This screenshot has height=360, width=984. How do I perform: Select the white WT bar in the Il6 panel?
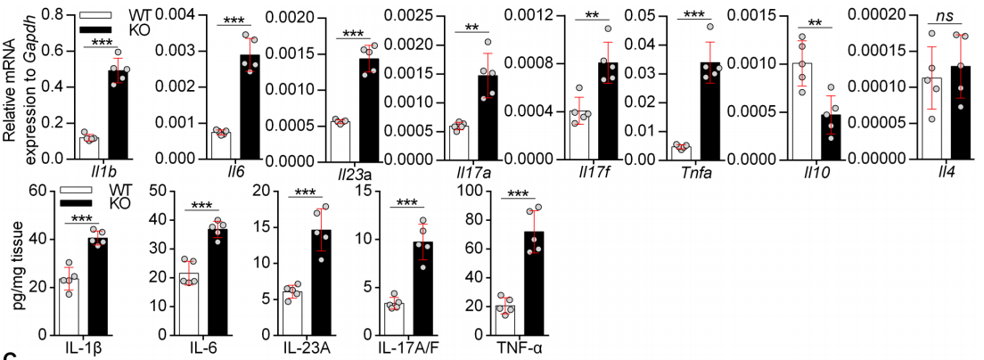point(220,145)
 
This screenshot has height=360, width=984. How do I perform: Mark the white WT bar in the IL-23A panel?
point(292,313)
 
